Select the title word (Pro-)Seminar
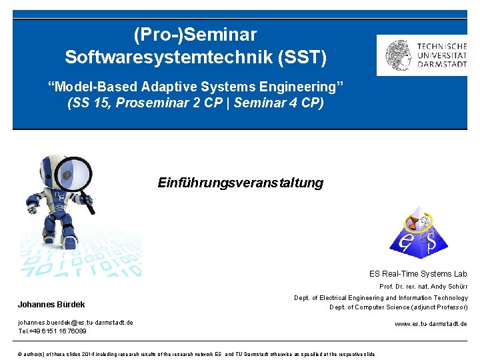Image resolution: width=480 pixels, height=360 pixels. [195, 34]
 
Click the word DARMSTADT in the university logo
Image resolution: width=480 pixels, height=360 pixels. [441, 65]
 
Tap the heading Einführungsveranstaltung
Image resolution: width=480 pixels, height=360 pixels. [240, 183]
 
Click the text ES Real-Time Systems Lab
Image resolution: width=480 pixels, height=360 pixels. [418, 274]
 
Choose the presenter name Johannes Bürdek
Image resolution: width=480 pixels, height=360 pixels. [51, 305]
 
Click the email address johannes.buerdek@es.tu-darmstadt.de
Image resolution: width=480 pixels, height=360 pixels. [75, 323]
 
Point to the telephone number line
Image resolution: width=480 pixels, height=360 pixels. [52, 331]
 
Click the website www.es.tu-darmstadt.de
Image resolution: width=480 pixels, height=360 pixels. [431, 324]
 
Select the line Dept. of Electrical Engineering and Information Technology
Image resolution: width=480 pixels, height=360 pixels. [381, 298]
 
